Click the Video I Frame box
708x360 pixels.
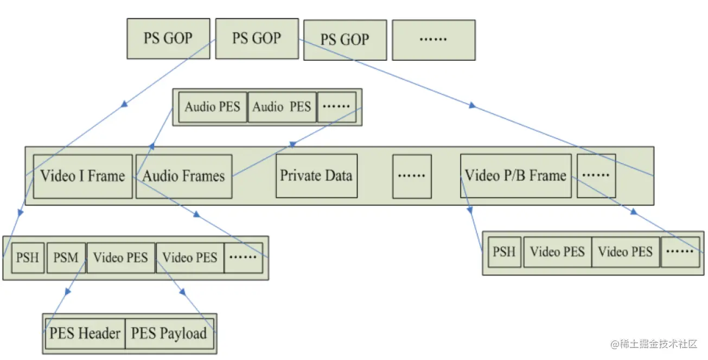[x=83, y=176]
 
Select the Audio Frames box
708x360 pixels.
[x=184, y=176]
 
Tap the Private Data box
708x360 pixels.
[x=317, y=176]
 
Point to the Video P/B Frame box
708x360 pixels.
[x=516, y=176]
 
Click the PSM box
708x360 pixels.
[x=66, y=258]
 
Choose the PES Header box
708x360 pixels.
[x=85, y=333]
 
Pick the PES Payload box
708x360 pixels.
[x=170, y=333]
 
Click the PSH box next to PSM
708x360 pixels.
[x=28, y=258]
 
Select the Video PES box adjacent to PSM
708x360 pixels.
[x=121, y=258]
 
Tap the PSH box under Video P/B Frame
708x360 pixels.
[x=505, y=252]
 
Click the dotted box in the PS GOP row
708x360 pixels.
[x=433, y=40]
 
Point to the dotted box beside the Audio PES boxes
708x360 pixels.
[x=337, y=107]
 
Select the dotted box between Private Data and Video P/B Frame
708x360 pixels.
[x=412, y=176]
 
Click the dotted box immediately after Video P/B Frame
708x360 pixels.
[x=596, y=176]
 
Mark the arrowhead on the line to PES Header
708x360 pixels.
[x=67, y=292]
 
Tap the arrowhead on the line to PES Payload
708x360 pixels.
[x=183, y=292]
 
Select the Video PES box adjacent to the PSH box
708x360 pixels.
[x=558, y=252]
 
